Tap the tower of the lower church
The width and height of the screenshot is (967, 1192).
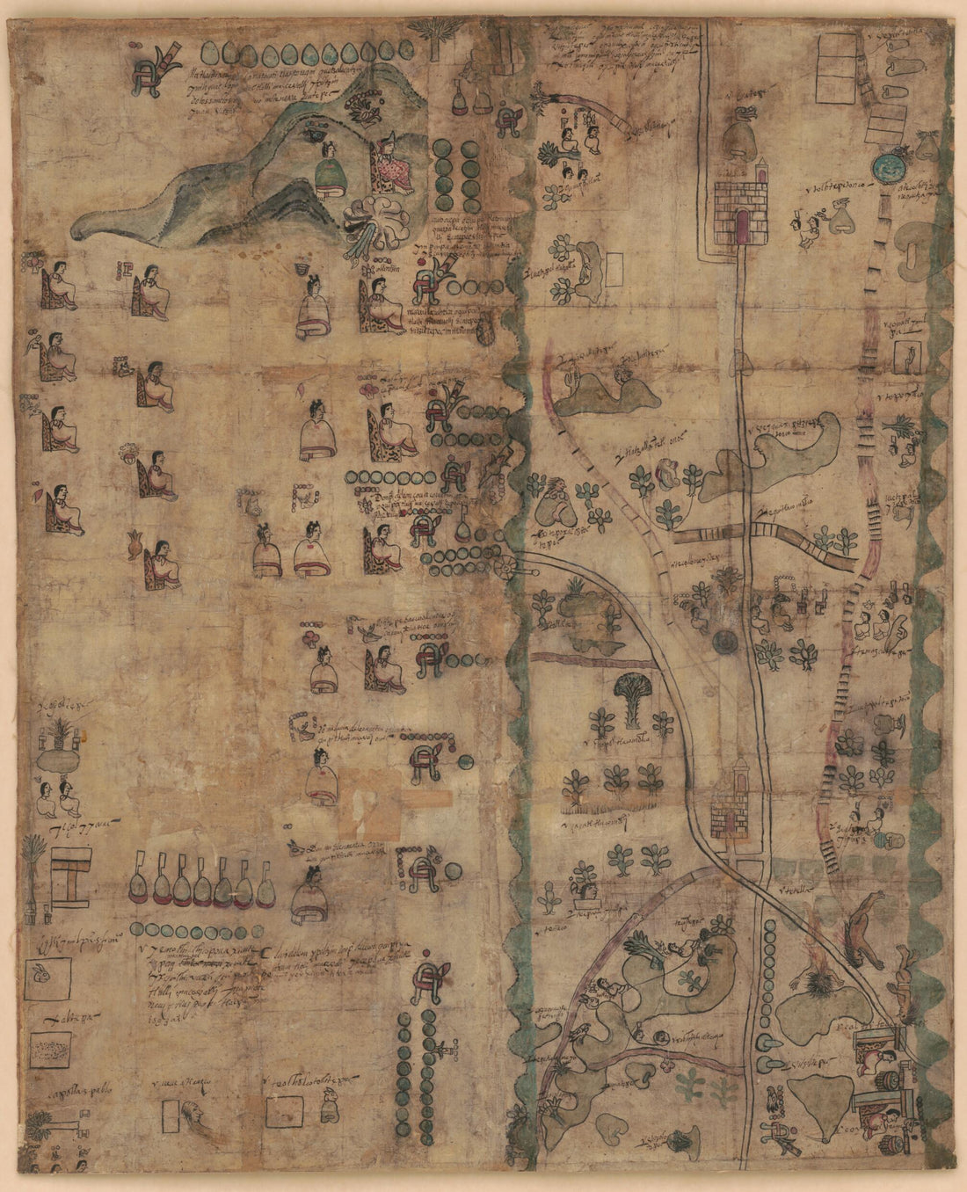(737, 774)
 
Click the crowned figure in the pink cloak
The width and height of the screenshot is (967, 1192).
(389, 165)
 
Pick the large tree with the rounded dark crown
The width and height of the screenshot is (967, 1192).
(634, 694)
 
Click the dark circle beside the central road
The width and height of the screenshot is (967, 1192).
(725, 641)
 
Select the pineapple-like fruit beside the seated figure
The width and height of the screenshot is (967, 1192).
(135, 546)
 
